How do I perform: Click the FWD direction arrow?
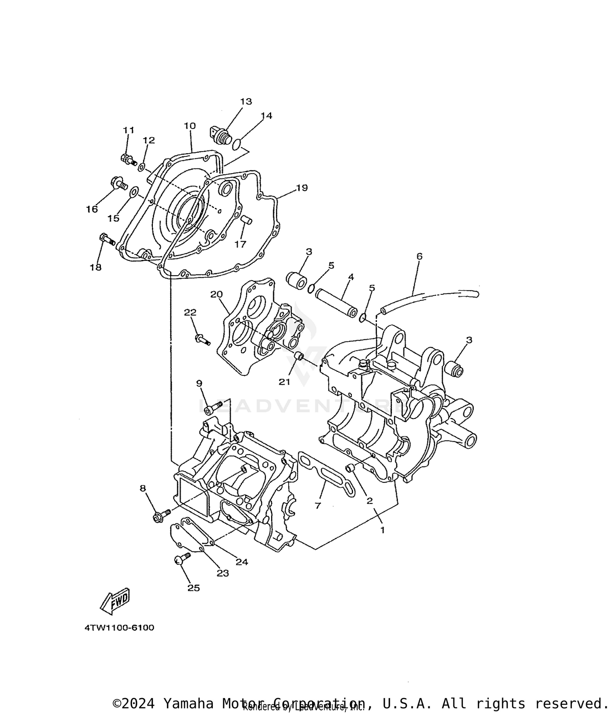point(115,600)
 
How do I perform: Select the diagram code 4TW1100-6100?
point(119,628)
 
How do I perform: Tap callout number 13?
point(246,101)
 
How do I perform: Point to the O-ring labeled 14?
point(238,143)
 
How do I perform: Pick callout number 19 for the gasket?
point(302,188)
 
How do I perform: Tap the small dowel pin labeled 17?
point(246,220)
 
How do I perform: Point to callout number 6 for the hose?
point(420,256)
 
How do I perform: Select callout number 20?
point(216,294)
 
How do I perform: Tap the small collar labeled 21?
point(299,357)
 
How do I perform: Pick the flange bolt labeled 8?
point(161,516)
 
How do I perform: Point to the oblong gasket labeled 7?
point(326,474)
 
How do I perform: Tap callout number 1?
point(382,530)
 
